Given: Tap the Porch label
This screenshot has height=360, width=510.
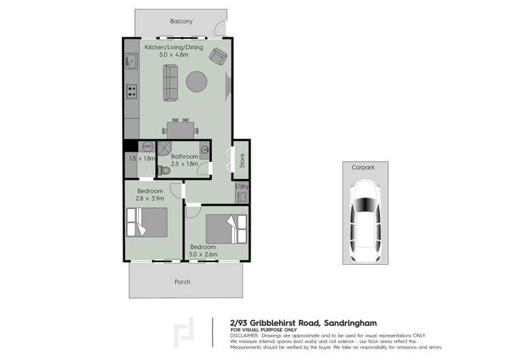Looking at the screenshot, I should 182,281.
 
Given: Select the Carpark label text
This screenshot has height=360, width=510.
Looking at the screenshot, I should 362,166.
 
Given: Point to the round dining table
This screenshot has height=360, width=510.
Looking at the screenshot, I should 197,82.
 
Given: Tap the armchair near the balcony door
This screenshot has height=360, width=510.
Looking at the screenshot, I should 218,56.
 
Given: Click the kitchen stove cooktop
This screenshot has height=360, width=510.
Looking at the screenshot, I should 131,91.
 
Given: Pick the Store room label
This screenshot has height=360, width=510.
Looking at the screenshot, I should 241,160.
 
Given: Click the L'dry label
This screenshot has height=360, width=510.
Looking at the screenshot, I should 241,186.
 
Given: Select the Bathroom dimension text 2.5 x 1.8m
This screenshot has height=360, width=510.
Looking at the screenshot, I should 184,164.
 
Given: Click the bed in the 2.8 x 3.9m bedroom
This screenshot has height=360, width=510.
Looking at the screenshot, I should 147,222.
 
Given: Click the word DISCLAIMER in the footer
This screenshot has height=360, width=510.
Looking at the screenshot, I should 244,336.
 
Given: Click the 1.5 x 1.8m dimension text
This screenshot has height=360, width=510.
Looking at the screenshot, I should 142,159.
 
